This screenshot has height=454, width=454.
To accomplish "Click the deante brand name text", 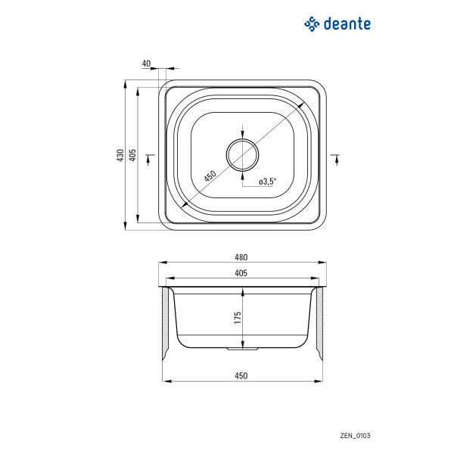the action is point(347,23).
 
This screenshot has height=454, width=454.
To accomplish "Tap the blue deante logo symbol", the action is point(312,23).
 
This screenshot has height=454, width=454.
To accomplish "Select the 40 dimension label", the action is point(147,64).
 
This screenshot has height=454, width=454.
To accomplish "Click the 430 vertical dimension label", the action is point(120,155).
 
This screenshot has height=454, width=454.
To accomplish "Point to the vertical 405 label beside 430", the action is point(132,155).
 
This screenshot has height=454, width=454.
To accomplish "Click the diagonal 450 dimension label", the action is point(210,176).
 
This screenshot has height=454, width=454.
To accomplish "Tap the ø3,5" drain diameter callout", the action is point(268,182).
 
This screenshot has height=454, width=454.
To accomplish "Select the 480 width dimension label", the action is point(241,257).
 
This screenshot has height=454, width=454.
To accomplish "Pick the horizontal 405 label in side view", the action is point(241,273).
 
